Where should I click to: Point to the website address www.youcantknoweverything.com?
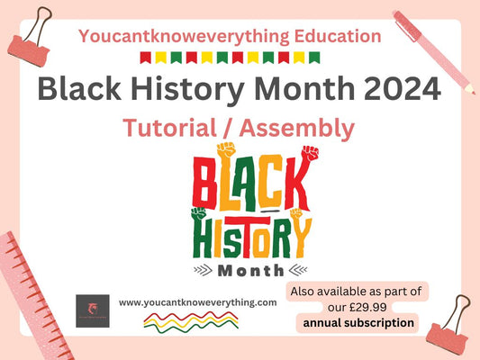click(x=197, y=302)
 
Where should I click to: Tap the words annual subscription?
click(x=358, y=322)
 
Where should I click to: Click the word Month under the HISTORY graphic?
click(x=246, y=268)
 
